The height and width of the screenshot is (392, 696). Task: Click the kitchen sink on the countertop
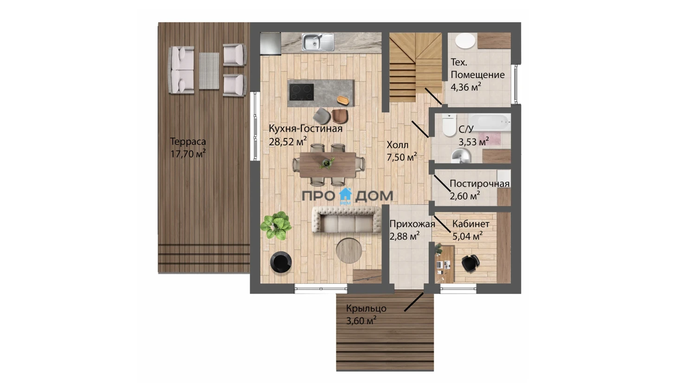click(x=318, y=42)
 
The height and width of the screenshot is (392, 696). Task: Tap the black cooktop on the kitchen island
click(x=302, y=92)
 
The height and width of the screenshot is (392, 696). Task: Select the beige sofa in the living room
click(x=347, y=220)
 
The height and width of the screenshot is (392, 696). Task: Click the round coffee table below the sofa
click(x=349, y=250)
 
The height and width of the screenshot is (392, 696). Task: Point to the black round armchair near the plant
click(x=281, y=262)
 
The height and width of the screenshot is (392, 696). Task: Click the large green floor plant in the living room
click(x=276, y=226)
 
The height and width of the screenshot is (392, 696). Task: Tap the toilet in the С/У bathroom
click(x=449, y=125)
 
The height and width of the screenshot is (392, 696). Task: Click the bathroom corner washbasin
click(x=461, y=156)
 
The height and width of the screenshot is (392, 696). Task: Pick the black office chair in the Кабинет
click(x=470, y=263)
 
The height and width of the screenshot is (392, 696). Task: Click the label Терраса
click(x=188, y=142)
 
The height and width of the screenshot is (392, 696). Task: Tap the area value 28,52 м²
click(x=288, y=142)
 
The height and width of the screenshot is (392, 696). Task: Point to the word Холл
click(x=397, y=145)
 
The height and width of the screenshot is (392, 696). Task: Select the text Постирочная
click(x=479, y=183)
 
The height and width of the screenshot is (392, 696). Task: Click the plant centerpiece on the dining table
click(x=327, y=163)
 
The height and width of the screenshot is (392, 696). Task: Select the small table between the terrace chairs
click(x=209, y=71)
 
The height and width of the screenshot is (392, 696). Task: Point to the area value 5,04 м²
click(x=467, y=236)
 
